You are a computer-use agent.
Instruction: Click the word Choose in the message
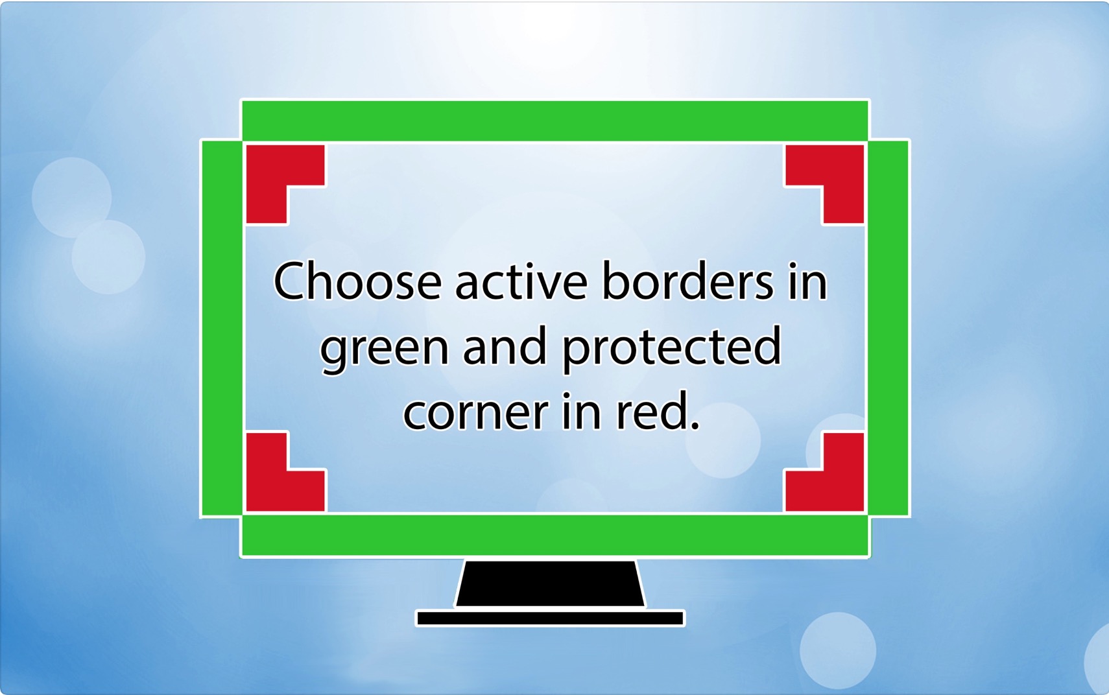click(x=357, y=281)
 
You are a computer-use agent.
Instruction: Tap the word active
click(x=521, y=281)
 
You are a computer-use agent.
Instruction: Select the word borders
click(x=687, y=281)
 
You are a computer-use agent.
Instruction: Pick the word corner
click(x=476, y=412)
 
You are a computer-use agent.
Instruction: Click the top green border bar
click(x=554, y=121)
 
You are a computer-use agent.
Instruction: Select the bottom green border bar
click(x=554, y=536)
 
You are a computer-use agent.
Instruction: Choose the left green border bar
click(x=222, y=328)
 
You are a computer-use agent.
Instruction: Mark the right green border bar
click(x=888, y=328)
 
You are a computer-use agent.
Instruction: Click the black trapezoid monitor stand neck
click(x=551, y=583)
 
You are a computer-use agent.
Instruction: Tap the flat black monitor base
click(x=551, y=618)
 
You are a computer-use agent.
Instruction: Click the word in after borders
click(x=808, y=281)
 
